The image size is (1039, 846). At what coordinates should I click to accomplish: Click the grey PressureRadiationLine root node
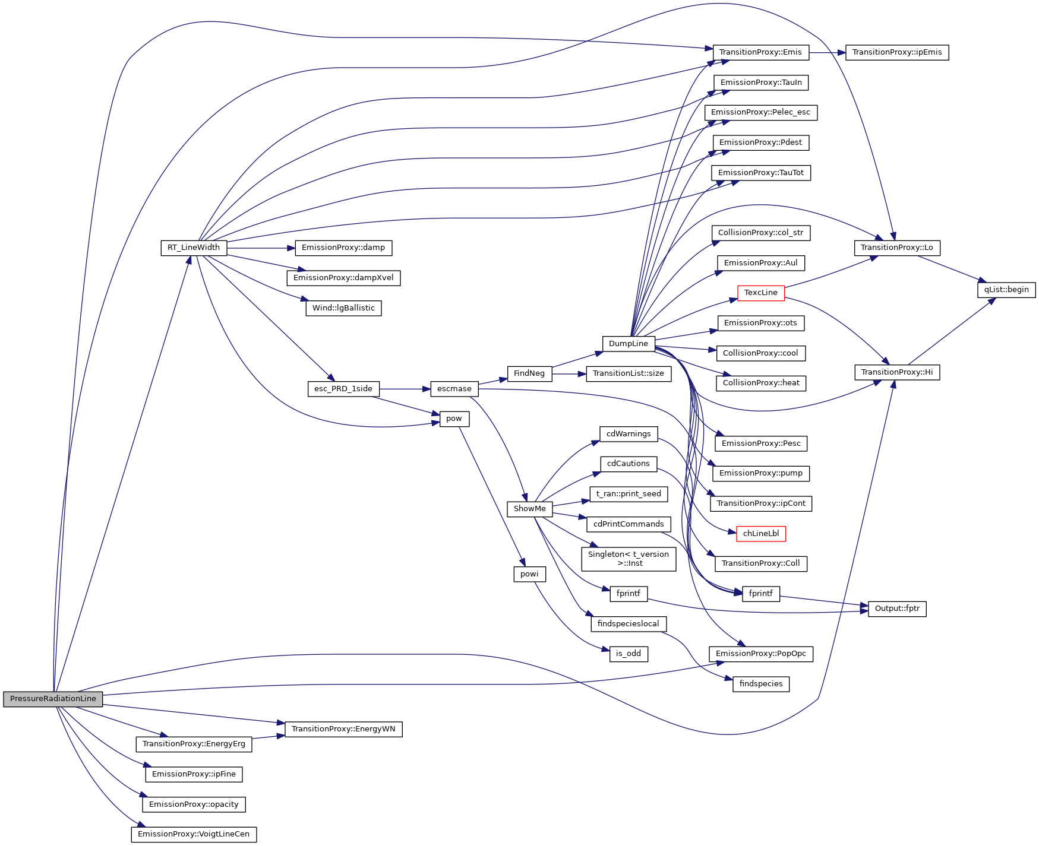coord(53,699)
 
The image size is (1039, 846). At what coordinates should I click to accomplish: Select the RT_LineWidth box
coord(194,248)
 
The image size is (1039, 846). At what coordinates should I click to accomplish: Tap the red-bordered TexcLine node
coord(760,293)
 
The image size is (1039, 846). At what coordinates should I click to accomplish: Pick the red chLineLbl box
coord(760,534)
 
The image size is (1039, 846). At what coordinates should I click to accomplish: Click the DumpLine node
coord(628,344)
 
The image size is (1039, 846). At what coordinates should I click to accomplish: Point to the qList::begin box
coord(1006,290)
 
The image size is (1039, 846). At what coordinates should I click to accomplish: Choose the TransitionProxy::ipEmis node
coord(896,52)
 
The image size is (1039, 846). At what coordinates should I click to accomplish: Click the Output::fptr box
coord(896,609)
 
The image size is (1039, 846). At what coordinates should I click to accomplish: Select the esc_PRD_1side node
coord(343,389)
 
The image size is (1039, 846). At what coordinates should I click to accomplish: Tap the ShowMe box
coord(529,509)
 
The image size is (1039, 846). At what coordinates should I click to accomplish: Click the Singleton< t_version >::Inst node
coord(628,559)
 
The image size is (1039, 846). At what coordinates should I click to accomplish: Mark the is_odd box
coord(628,654)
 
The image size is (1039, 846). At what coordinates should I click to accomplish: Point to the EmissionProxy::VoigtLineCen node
coord(194,834)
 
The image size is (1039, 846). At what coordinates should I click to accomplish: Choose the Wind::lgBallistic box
coord(343,308)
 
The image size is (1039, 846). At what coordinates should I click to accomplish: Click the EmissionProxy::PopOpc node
coord(760,654)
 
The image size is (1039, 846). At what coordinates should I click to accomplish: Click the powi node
coord(529,574)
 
